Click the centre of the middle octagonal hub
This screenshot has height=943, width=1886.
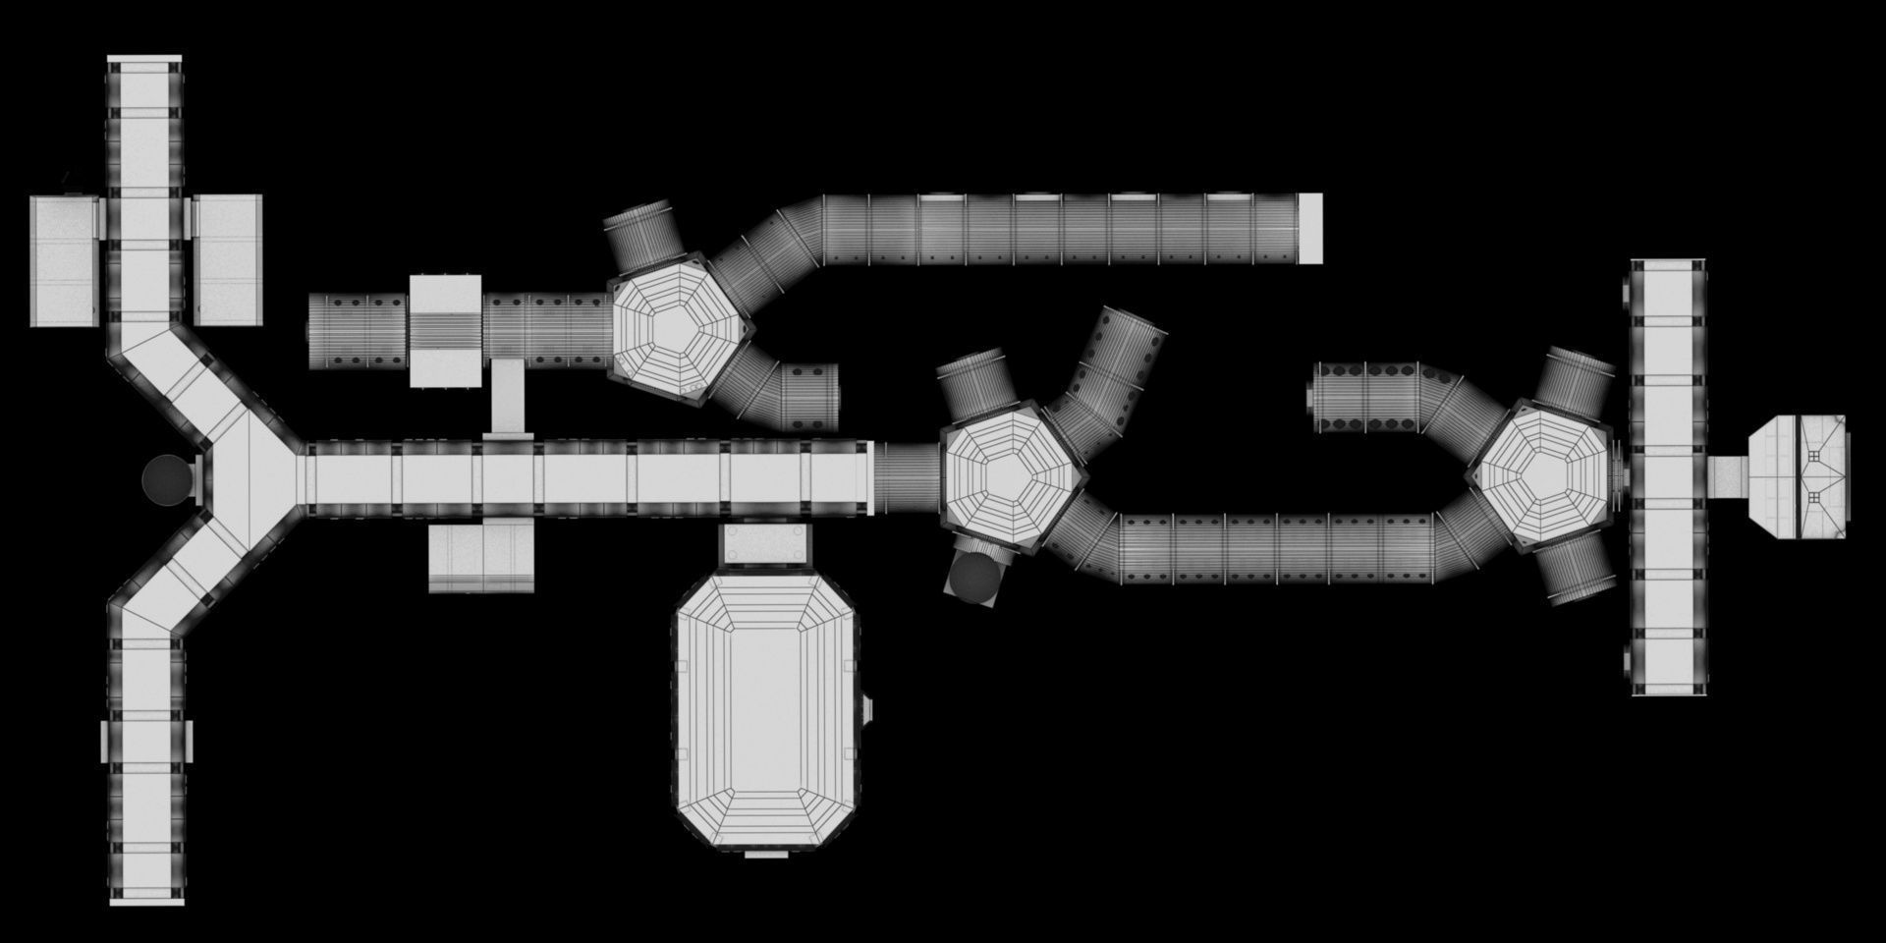click(x=1012, y=476)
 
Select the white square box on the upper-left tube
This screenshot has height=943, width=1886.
click(x=444, y=330)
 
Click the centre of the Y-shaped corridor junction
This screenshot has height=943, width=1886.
click(x=246, y=478)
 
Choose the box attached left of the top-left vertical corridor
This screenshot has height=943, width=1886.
click(x=65, y=260)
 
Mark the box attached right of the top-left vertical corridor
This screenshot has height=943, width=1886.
click(x=227, y=260)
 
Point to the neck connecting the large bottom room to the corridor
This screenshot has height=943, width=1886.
click(x=766, y=545)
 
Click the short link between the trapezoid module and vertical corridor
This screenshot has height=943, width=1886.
click(x=1728, y=476)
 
